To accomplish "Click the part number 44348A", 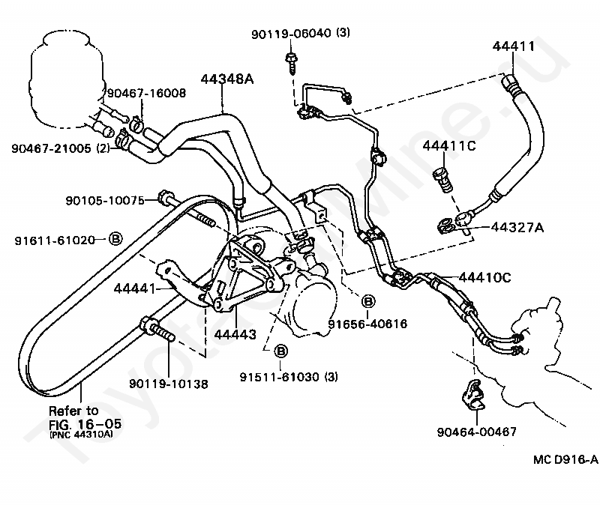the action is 227,79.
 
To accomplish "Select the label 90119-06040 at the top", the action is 291,34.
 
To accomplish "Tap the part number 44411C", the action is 449,145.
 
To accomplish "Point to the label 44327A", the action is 517,228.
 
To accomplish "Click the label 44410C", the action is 484,277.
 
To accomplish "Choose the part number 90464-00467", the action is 477,432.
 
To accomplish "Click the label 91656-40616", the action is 367,324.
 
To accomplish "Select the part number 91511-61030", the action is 279,377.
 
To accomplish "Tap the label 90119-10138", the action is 168,384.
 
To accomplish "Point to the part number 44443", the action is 235,334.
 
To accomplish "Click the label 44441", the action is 135,288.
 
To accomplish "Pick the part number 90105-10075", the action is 105,200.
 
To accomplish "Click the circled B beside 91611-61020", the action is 115,239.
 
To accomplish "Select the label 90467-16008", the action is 146,93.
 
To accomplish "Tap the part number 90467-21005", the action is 51,148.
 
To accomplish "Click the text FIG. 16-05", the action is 85,423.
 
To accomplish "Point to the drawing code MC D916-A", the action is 565,459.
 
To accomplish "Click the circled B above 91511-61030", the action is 281,351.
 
